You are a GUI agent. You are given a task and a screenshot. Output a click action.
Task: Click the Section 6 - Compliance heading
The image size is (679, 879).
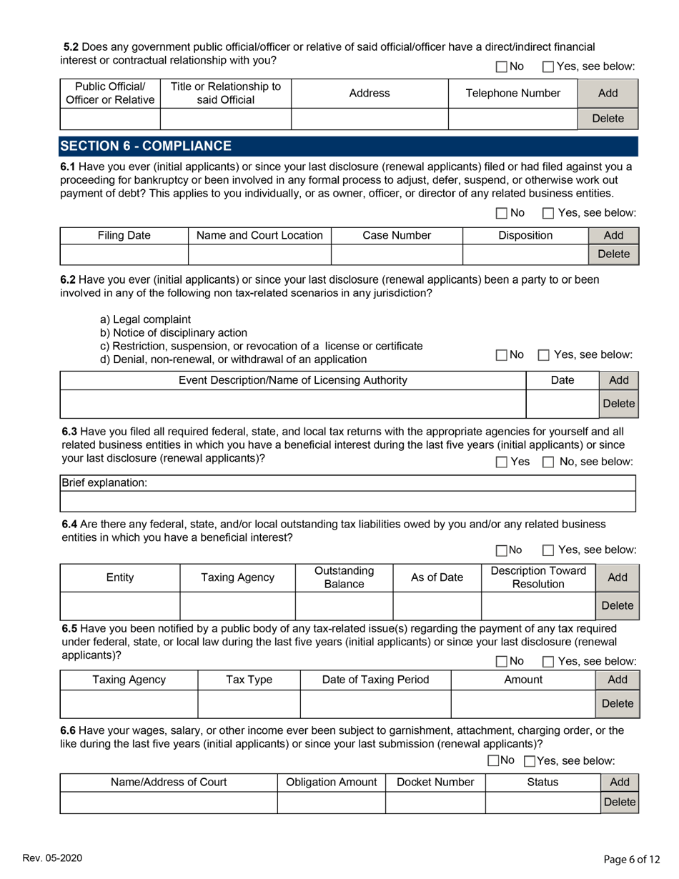click(146, 146)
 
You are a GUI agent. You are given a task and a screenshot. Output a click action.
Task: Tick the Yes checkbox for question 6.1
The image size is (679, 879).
click(548, 212)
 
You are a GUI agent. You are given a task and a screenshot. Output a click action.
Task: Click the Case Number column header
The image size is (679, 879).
click(397, 235)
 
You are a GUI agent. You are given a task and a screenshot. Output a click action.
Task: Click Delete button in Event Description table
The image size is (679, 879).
click(618, 404)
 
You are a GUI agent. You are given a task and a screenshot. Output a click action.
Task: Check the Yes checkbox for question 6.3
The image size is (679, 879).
click(502, 462)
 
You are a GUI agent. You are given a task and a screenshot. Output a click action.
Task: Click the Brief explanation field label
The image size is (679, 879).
click(105, 483)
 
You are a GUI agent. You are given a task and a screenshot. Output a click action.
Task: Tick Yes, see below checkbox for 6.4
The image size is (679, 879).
click(548, 550)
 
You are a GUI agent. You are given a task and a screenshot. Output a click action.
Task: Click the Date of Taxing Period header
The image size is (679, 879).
click(376, 680)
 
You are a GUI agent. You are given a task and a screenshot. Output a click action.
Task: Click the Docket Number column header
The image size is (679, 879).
click(435, 783)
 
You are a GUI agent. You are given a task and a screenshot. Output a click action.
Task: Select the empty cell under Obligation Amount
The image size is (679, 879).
click(331, 803)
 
